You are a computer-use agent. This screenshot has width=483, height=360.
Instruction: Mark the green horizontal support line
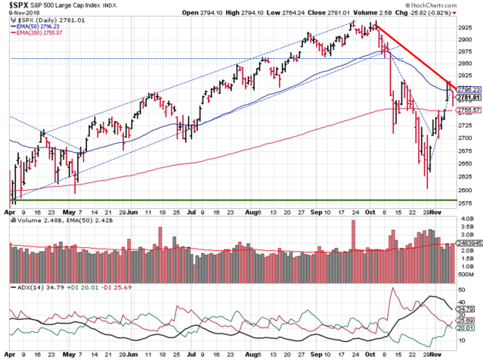[x=227, y=200]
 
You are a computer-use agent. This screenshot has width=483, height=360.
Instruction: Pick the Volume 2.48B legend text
[x=35, y=222]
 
